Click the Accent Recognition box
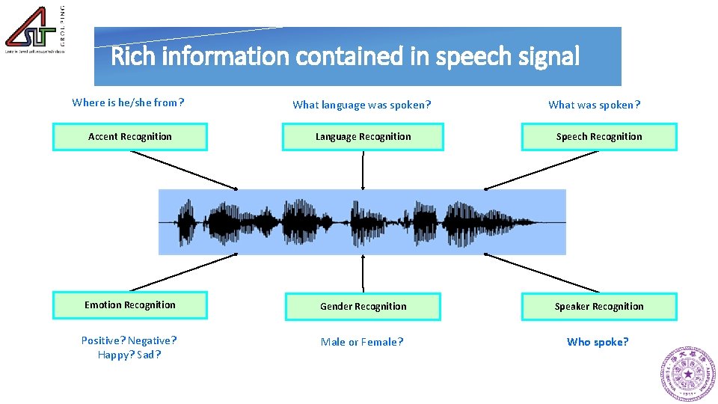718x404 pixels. click(129, 137)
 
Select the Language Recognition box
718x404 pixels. click(363, 137)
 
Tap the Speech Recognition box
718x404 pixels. click(598, 137)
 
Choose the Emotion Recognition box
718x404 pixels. click(129, 305)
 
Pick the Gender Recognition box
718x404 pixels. click(363, 307)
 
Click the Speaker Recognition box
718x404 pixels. click(598, 307)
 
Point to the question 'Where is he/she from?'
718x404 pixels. click(128, 102)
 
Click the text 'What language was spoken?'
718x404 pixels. click(361, 105)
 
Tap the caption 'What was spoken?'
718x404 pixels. click(594, 105)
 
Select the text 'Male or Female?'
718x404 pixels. click(361, 342)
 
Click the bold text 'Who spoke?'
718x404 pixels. click(598, 342)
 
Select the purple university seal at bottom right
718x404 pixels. click(687, 373)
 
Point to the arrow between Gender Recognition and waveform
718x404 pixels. click(363, 273)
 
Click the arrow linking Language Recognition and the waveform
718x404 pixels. click(363, 170)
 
